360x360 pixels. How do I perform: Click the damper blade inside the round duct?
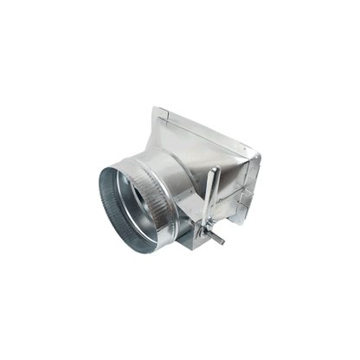[x=139, y=198]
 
